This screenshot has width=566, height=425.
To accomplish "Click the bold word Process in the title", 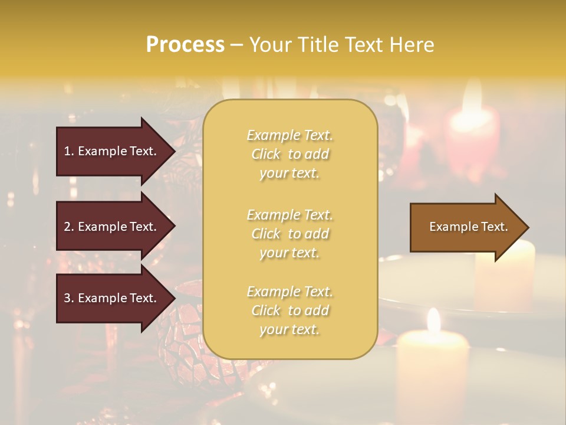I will [x=185, y=45].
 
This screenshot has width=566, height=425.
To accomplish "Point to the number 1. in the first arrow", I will [x=69, y=151].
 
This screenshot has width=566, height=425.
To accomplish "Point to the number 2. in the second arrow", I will [x=69, y=227].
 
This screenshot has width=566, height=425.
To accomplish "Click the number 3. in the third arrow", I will [x=69, y=298].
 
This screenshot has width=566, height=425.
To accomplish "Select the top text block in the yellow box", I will [x=289, y=154].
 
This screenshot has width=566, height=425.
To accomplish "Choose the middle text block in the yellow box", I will [x=289, y=234].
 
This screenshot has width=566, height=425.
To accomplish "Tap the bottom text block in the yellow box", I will [x=289, y=310].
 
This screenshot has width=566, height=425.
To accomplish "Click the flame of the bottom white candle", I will [x=434, y=320].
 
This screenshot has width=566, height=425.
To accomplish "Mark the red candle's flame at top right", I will [x=472, y=97].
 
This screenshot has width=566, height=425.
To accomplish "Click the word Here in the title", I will [x=412, y=45].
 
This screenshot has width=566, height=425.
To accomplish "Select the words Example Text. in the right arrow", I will [x=469, y=227].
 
